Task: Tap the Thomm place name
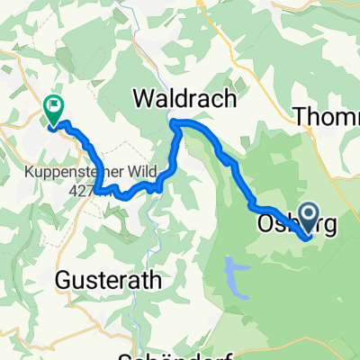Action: point(327,115)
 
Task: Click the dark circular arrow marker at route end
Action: point(308,216)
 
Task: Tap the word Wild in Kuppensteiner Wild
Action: point(143,172)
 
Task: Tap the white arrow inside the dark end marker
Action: point(308,215)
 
